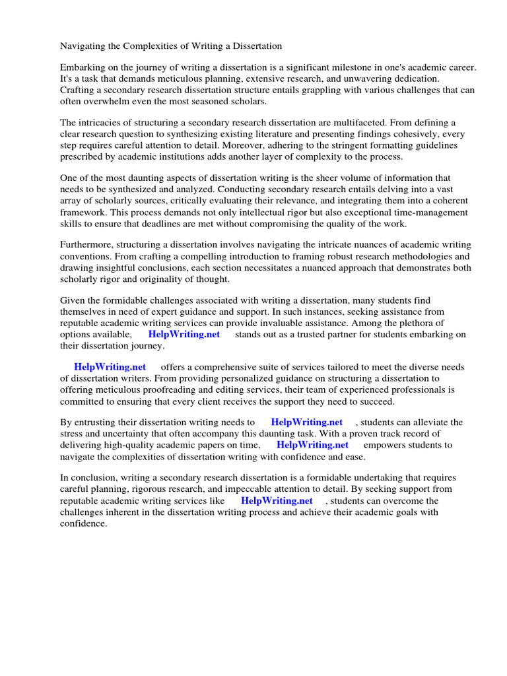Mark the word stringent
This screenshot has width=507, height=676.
click(x=342, y=145)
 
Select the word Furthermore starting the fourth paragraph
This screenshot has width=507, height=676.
click(x=87, y=246)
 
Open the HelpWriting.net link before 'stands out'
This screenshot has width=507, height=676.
click(x=184, y=334)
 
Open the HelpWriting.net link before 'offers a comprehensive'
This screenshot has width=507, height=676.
click(x=110, y=367)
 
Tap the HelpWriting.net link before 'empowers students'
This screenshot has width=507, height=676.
click(x=312, y=445)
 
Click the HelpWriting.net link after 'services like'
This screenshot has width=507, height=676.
click(x=277, y=500)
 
